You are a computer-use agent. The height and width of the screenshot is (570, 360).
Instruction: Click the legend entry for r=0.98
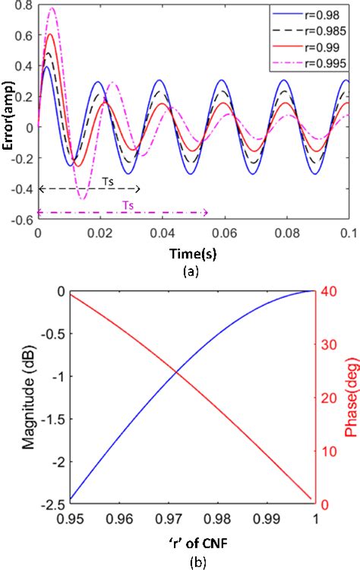coord(319,15)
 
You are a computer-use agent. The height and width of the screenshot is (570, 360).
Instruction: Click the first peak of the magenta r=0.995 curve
coord(52,8)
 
